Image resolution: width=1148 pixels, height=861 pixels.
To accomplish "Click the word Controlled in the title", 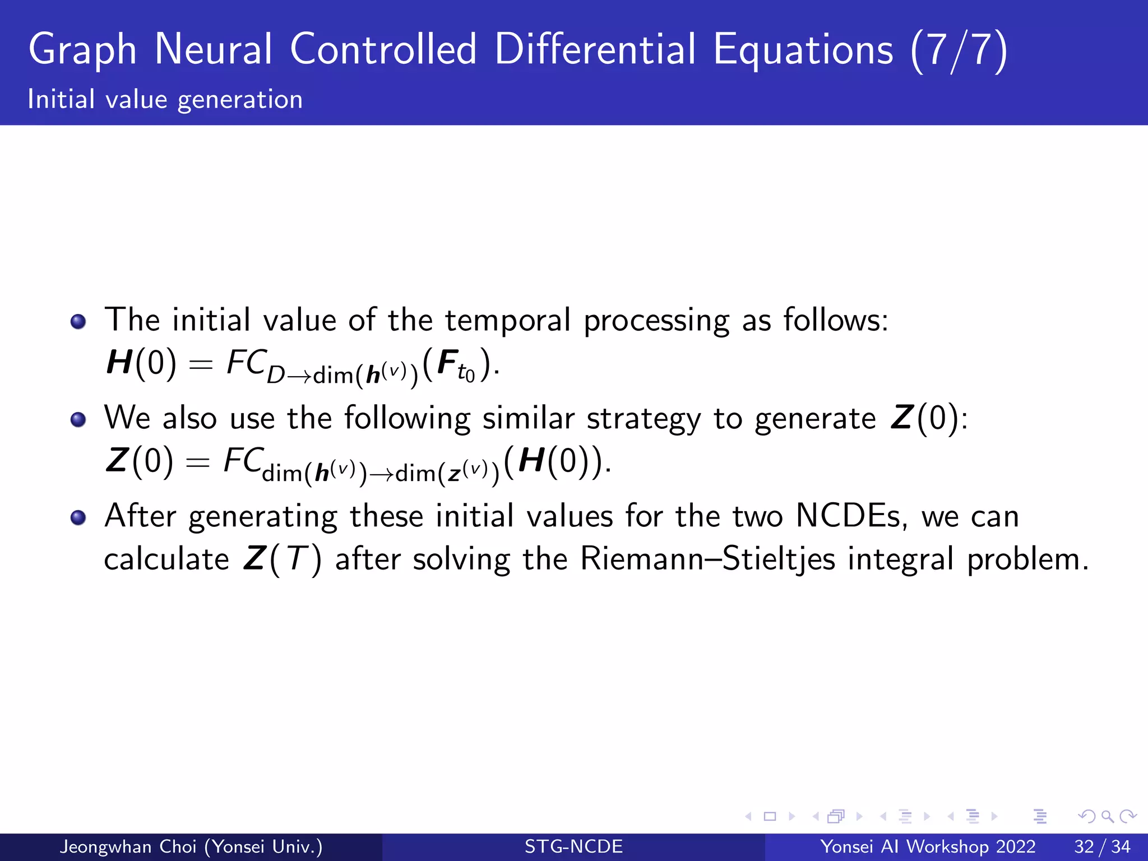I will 383,49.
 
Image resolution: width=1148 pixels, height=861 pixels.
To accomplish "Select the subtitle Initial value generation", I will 165,100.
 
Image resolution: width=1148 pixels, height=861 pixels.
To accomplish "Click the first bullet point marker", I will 78,321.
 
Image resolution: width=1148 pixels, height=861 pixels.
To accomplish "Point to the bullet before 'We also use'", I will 78,419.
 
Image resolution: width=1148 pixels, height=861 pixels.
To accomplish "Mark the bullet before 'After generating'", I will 78,517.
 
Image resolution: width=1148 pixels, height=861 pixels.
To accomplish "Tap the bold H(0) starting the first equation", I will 141,363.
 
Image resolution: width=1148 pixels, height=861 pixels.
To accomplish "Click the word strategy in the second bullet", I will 643,419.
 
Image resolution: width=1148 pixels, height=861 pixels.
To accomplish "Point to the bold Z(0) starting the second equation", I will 139,461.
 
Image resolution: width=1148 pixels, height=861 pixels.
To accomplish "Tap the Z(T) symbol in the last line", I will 283,559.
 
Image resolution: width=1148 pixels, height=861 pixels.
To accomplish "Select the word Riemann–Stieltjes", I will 708,559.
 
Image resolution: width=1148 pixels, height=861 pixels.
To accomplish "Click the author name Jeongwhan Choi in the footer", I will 128,846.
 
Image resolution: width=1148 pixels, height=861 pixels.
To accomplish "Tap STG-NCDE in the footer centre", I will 573,846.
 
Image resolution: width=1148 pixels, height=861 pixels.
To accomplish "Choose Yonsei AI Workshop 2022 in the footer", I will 928,846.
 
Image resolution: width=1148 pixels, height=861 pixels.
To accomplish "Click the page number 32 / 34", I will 1102,846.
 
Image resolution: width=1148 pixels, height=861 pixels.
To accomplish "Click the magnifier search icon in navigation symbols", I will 1107,816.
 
